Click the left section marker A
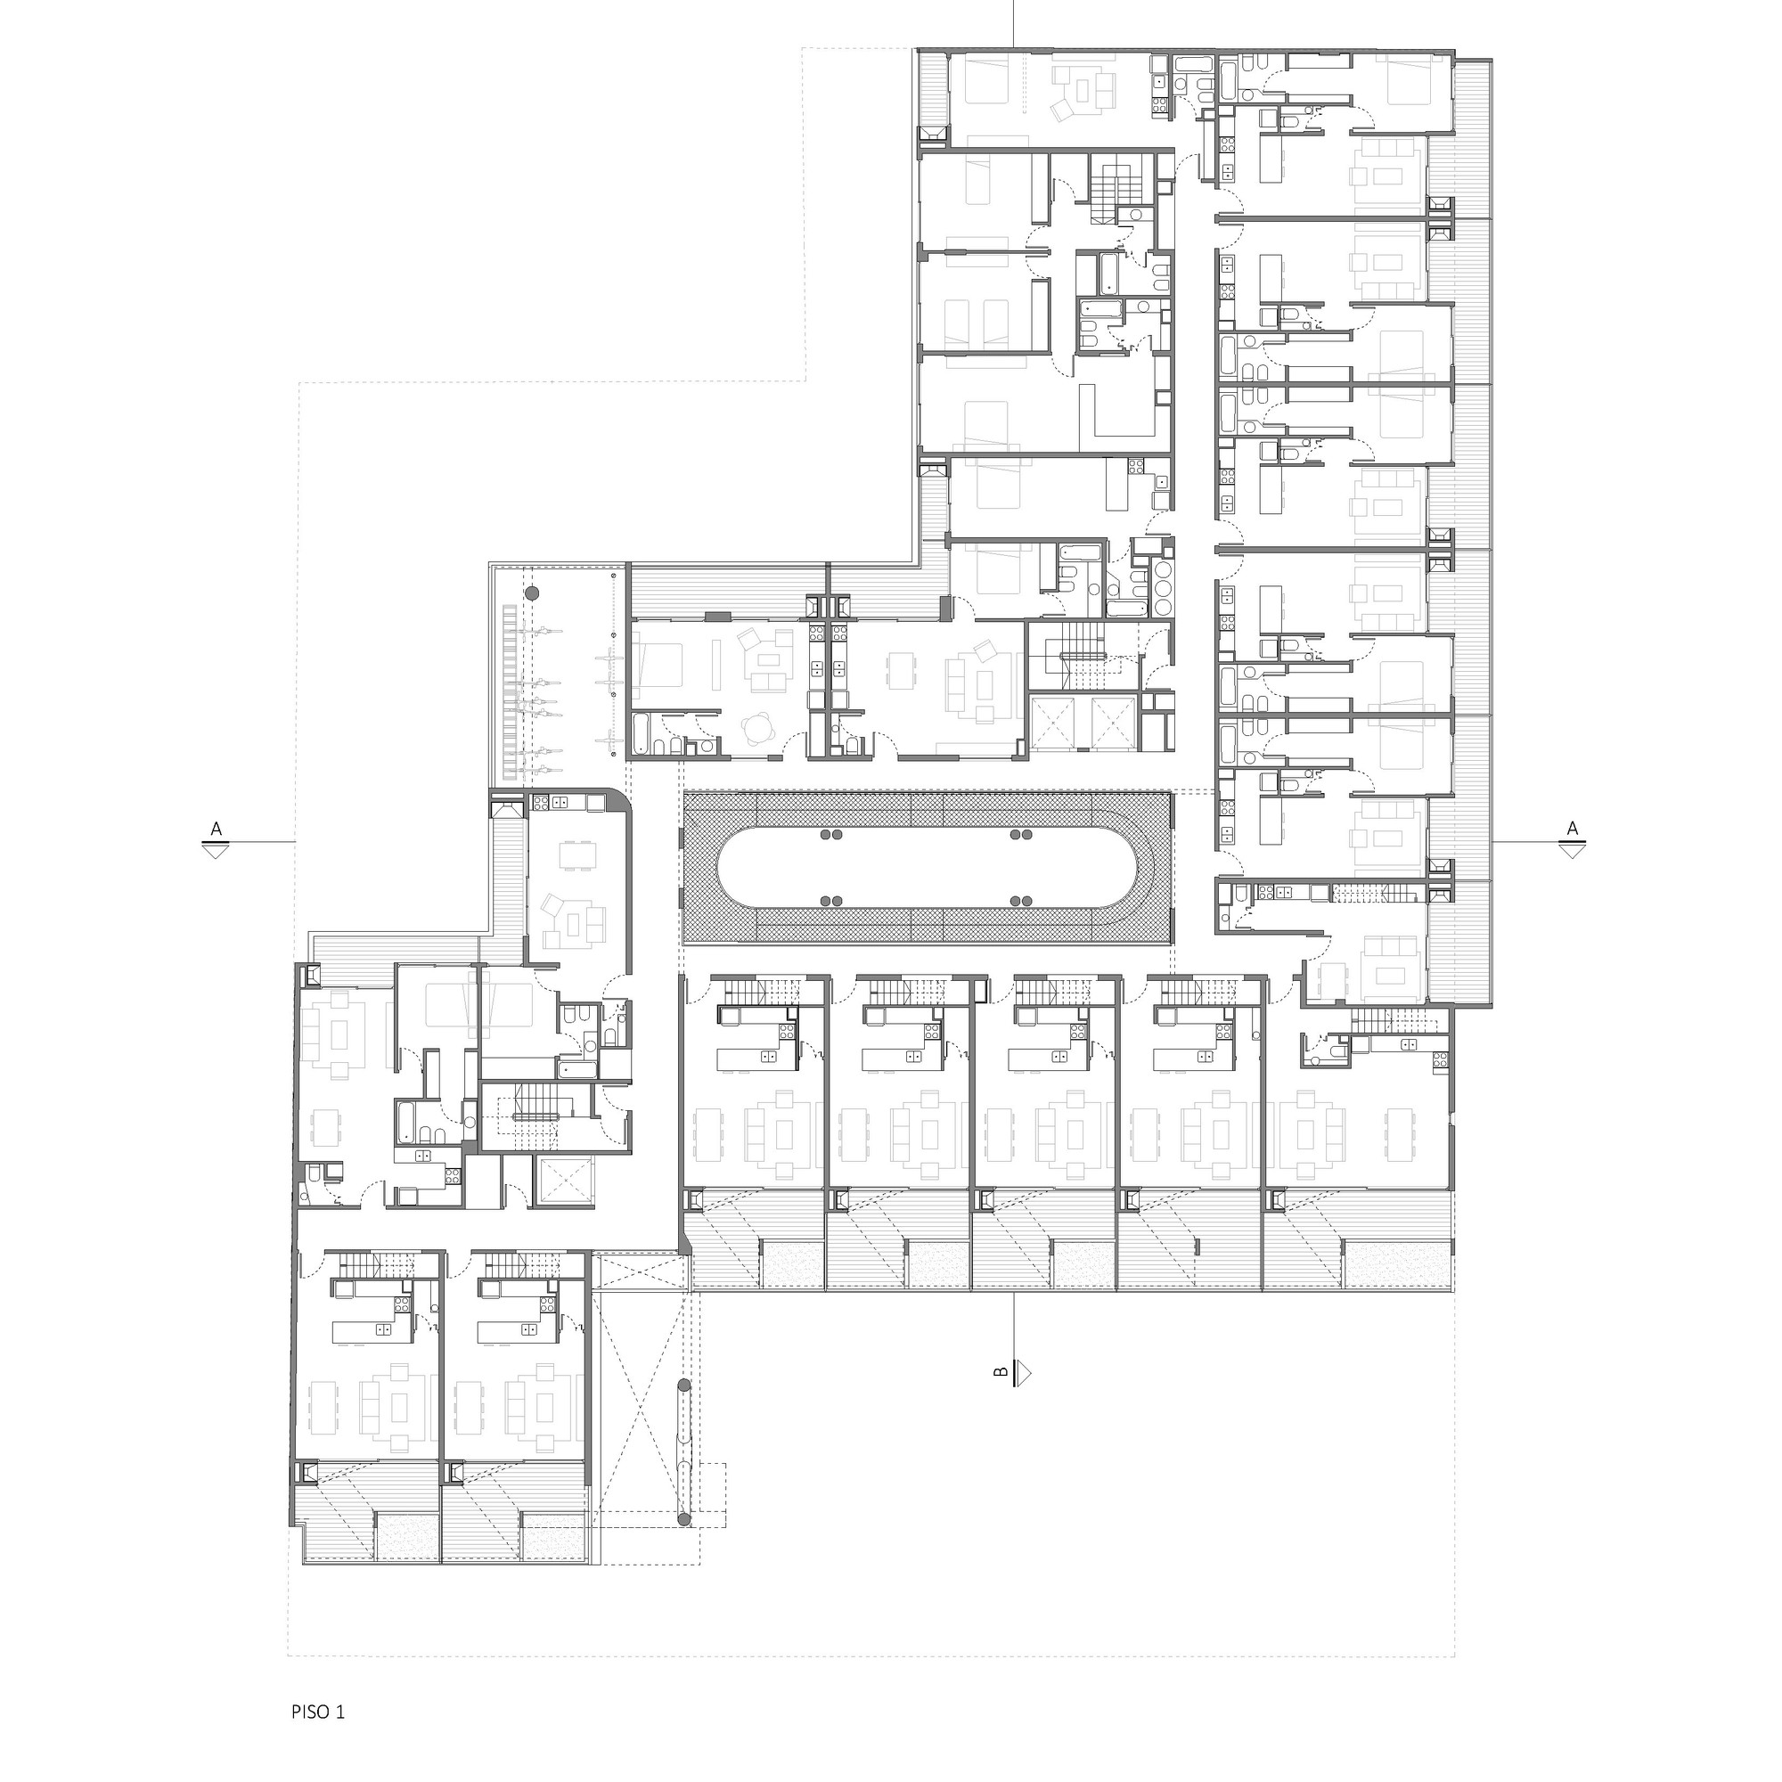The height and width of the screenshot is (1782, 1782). [217, 840]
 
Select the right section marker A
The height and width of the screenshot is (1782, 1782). [1572, 840]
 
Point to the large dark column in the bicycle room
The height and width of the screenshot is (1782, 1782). [531, 593]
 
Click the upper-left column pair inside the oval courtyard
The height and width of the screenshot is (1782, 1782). [832, 835]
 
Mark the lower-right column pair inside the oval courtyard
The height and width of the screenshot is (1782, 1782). [1020, 900]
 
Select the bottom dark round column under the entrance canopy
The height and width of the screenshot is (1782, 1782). [683, 1519]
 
